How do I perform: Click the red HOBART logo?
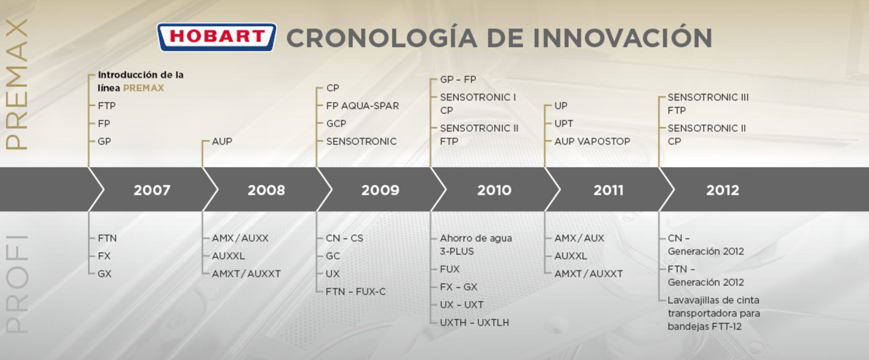(x=216, y=37)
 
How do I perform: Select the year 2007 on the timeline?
(x=152, y=190)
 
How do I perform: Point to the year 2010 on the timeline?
(x=494, y=190)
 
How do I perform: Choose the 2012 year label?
(x=723, y=190)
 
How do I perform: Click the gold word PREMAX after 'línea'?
(x=143, y=88)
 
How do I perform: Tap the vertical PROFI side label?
(x=17, y=284)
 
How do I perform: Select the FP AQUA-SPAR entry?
(x=363, y=106)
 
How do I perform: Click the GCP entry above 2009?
(x=336, y=124)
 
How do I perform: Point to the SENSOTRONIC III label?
(x=708, y=97)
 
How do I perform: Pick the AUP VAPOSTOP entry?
(x=592, y=141)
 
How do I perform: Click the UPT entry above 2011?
(x=564, y=124)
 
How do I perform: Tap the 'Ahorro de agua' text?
(x=476, y=238)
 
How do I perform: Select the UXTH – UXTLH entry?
(x=474, y=322)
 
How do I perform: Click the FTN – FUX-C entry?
(x=356, y=292)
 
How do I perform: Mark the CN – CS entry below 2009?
(x=344, y=238)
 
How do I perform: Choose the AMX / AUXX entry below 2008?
(x=240, y=238)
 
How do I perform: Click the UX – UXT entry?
(x=462, y=305)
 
